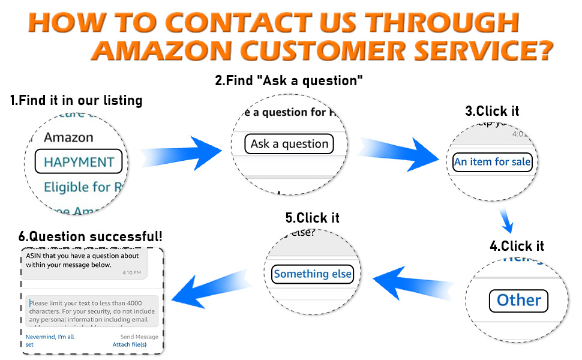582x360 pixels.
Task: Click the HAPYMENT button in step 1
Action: pos(79,162)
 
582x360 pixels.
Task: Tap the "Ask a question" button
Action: pos(289,144)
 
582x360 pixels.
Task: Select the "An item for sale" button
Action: pos(492,162)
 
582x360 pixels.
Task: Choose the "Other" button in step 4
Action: pos(519,300)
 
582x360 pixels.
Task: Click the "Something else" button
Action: pos(313,274)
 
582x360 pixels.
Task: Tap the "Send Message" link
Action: pos(139,337)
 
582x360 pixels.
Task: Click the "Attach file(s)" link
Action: pos(130,345)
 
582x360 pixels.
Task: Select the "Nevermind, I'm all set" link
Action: pos(49,341)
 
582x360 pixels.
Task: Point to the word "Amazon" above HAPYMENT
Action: pos(68,137)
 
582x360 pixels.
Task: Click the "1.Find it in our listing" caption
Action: pos(76,100)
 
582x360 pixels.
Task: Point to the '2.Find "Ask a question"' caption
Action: pos(289,80)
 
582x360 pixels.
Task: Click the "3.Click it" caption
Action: pos(492,111)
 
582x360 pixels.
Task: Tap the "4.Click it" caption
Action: pos(517,246)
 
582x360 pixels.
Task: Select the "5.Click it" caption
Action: pos(312,218)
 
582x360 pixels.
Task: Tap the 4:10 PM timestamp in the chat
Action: pos(131,272)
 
